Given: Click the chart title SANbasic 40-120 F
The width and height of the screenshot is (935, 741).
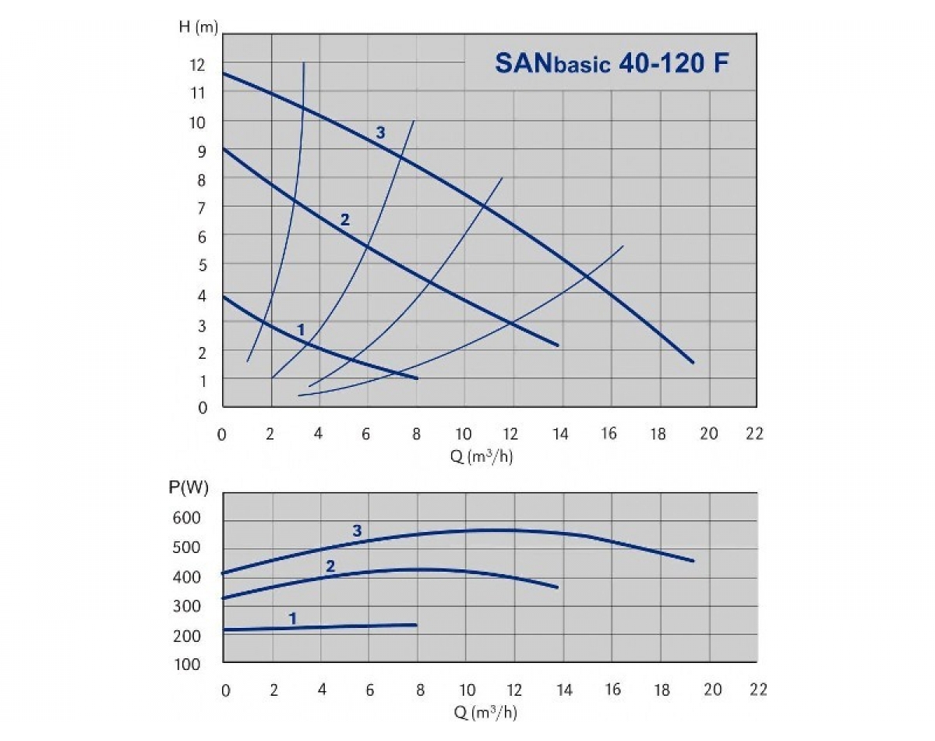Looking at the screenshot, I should click(612, 63).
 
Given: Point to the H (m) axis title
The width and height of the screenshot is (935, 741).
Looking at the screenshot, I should click(198, 28).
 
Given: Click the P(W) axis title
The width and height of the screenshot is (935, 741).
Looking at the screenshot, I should click(189, 489).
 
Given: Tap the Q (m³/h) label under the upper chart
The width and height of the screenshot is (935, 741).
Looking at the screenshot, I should click(481, 456).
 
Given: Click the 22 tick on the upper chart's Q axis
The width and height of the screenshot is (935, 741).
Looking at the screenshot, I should click(753, 434).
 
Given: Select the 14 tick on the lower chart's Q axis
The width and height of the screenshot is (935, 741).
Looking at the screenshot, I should click(564, 690).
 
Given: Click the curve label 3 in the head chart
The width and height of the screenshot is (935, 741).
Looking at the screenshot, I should click(380, 133).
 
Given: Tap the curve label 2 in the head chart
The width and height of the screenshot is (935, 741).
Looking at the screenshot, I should click(344, 220).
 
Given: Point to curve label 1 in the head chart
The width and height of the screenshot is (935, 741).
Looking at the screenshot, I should click(301, 330).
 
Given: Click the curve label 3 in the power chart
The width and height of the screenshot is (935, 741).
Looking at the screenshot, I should click(357, 531).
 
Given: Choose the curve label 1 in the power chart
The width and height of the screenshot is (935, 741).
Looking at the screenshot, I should click(293, 619).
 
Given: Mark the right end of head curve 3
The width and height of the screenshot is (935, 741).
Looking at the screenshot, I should click(692, 362).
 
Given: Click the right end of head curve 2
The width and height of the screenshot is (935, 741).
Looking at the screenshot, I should click(558, 345).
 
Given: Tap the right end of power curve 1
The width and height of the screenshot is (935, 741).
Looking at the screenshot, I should click(416, 625).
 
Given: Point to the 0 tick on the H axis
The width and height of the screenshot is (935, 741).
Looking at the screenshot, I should click(203, 406).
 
